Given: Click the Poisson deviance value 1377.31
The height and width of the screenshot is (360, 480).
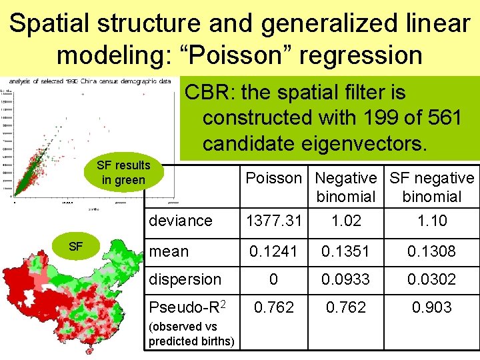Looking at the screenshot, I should coord(274,221).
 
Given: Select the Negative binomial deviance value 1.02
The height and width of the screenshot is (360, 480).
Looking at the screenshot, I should coord(346,221).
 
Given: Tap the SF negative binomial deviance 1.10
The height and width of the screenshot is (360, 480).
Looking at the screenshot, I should coord(432,221).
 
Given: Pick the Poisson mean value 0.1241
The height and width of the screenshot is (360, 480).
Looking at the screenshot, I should coord(274,251).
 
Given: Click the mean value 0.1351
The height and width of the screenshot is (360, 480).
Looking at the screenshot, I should coord(346,251).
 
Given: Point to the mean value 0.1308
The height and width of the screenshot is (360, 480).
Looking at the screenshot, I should coord(432,251).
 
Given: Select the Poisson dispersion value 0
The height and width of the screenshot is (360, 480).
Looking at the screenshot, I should coord(274,279).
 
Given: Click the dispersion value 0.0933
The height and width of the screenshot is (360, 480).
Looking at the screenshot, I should coord(346,279).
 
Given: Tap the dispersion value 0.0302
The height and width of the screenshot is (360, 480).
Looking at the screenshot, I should coord(432,279).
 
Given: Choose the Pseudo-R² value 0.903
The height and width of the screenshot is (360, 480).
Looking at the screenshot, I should coord(432,307).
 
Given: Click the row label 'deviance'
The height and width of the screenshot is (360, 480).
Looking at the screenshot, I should coord(180,221).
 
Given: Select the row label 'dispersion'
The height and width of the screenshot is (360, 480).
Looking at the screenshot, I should coord(185,279).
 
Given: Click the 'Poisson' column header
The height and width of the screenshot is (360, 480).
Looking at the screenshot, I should coord(274,178).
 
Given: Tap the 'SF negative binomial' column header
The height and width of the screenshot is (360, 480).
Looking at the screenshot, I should coord(432,187).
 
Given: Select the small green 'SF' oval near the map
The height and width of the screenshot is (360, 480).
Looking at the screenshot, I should coord(75,247).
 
